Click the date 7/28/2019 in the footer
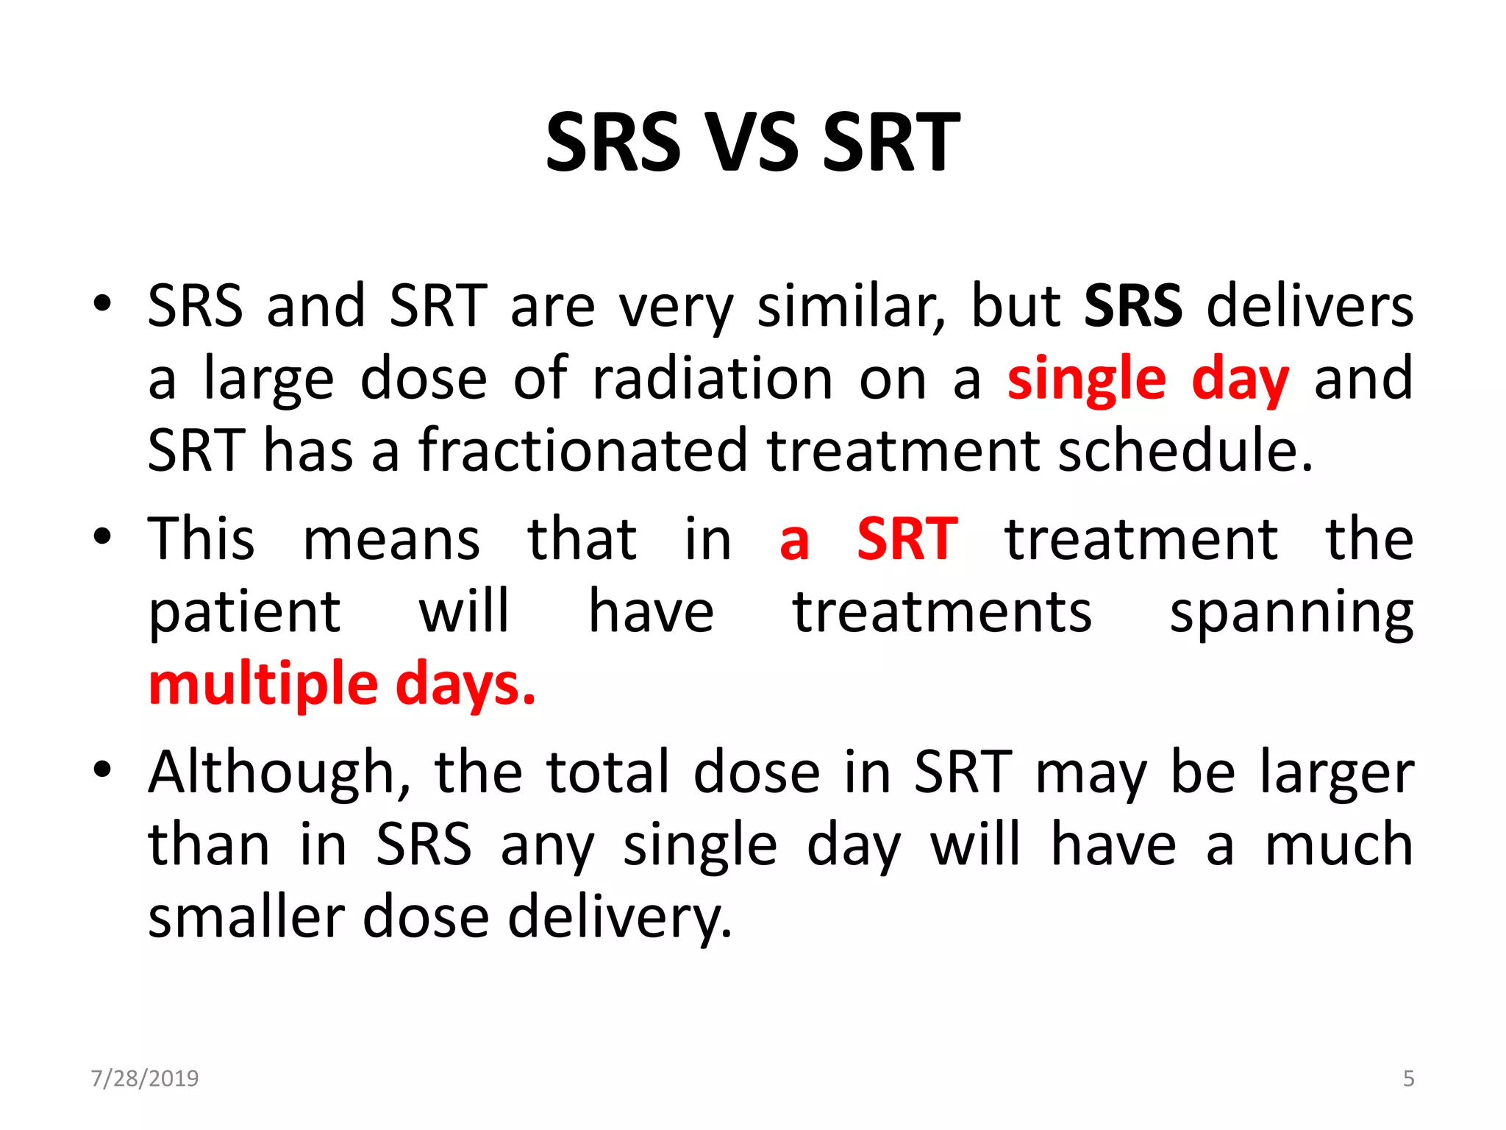coord(145,1079)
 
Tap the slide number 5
coord(1408,1079)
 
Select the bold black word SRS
coord(1132,305)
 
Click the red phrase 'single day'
coord(1147,379)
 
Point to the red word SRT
coord(907,539)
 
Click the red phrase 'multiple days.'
coord(342,684)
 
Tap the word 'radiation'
coord(713,379)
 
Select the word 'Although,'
coord(280,772)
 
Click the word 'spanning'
coord(1291,613)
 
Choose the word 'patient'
coord(245,613)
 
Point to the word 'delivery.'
coord(620,917)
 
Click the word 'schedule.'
coord(1185,450)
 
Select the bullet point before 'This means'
coord(102,536)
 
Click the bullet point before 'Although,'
coord(102,770)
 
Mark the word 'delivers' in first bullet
coord(1310,305)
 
